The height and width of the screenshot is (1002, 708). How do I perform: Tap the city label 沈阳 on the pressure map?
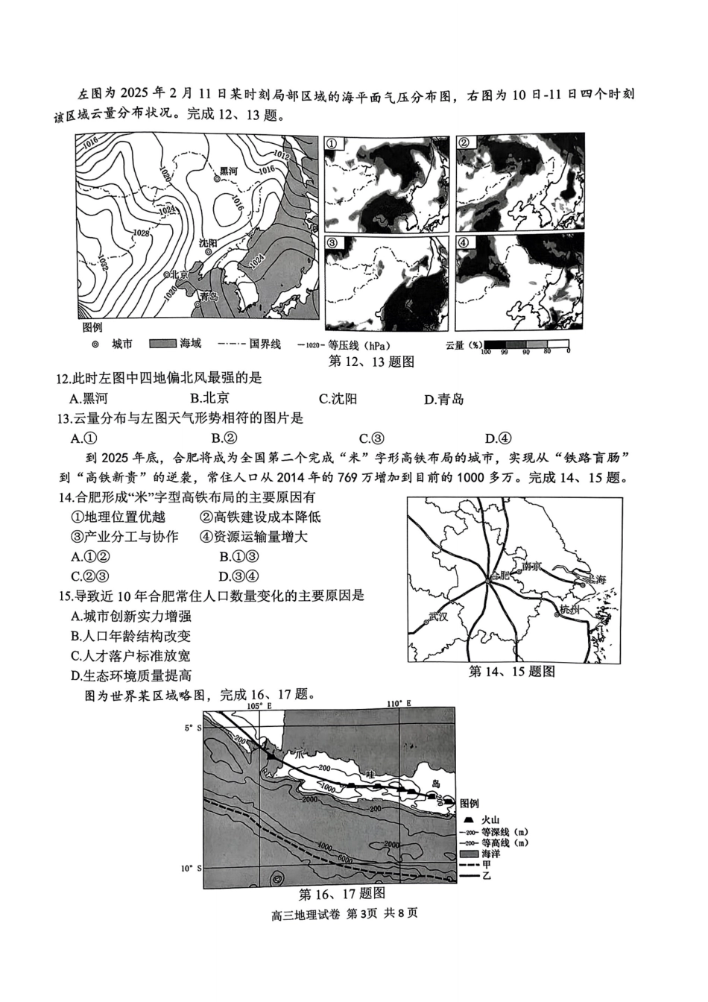click(207, 243)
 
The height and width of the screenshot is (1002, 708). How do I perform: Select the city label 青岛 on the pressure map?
click(208, 296)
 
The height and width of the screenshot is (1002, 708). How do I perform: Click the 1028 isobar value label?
click(140, 233)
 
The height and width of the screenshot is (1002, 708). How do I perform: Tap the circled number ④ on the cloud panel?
click(464, 243)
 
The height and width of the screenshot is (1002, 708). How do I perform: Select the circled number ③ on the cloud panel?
click(332, 243)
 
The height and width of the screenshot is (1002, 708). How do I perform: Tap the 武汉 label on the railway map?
click(440, 617)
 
